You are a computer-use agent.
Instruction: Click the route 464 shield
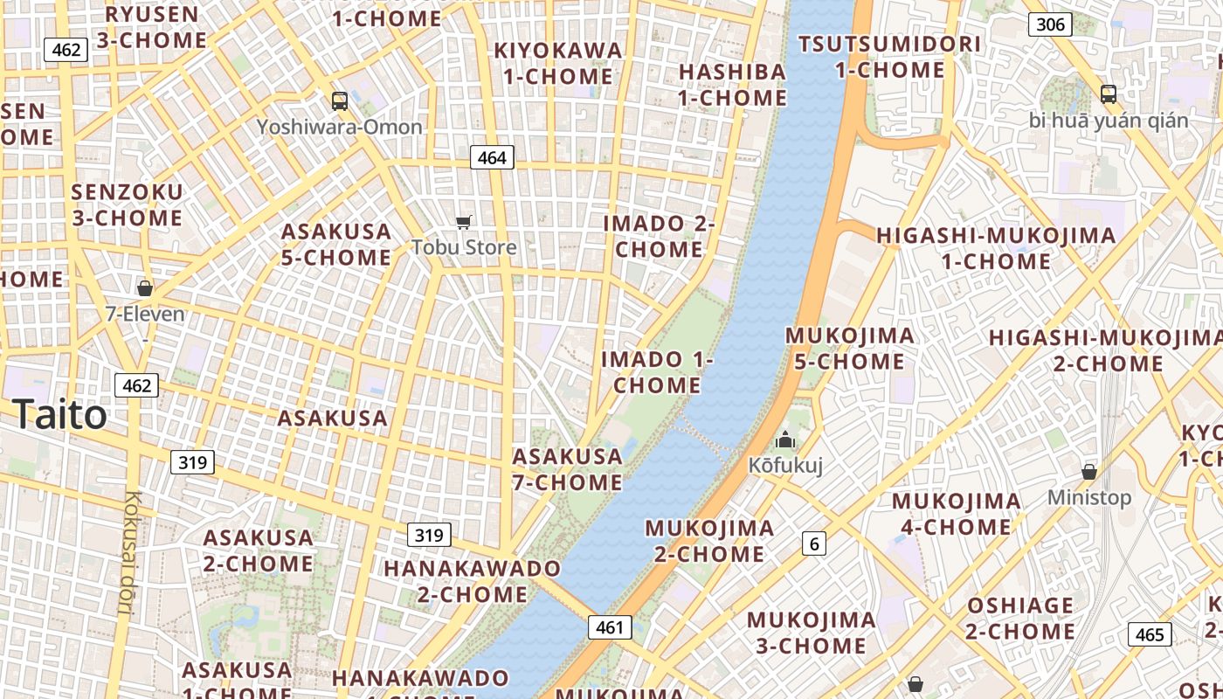pyautogui.click(x=492, y=157)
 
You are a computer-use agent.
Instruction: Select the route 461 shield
pyautogui.click(x=609, y=626)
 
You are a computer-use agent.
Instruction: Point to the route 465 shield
pyautogui.click(x=1149, y=634)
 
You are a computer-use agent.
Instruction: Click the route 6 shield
pyautogui.click(x=814, y=543)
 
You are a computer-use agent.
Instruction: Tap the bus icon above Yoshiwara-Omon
pyautogui.click(x=340, y=101)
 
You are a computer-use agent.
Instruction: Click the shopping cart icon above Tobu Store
pyautogui.click(x=464, y=223)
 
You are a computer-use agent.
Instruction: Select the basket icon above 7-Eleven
pyautogui.click(x=145, y=287)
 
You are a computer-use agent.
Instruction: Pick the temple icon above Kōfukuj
pyautogui.click(x=785, y=440)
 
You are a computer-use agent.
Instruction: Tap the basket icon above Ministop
pyautogui.click(x=1089, y=472)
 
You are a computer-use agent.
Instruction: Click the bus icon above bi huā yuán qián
pyautogui.click(x=1108, y=94)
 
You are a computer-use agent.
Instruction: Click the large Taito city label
pyautogui.click(x=60, y=414)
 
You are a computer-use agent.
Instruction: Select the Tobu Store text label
pyautogui.click(x=464, y=247)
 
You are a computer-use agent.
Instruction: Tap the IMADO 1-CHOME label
pyautogui.click(x=657, y=372)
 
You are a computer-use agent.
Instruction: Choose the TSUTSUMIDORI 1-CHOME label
pyautogui.click(x=889, y=57)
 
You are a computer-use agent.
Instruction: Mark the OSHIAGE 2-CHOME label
pyautogui.click(x=1019, y=618)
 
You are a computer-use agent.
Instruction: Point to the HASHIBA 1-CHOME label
pyautogui.click(x=732, y=85)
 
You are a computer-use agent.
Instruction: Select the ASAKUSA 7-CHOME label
pyautogui.click(x=567, y=469)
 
